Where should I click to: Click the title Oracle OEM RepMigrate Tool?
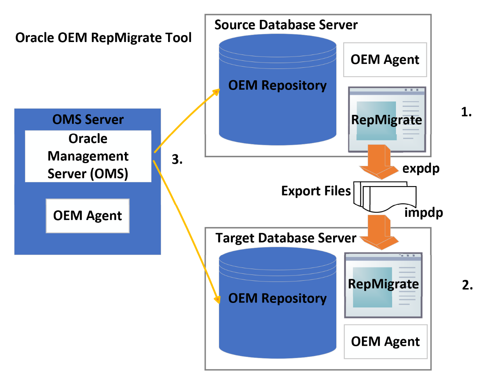[103, 38]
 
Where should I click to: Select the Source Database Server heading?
[286, 25]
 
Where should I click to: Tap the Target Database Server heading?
[286, 238]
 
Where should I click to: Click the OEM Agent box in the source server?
[385, 60]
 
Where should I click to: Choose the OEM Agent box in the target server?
[385, 341]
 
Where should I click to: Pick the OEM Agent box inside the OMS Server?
[88, 216]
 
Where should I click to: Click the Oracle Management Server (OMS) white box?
[88, 156]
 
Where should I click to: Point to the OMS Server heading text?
[88, 120]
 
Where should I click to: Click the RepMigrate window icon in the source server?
[387, 119]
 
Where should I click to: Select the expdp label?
[421, 168]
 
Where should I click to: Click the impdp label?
[424, 213]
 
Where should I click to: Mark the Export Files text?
[316, 191]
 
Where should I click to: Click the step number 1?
[466, 112]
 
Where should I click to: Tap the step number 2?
[467, 285]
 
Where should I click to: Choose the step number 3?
[177, 159]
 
